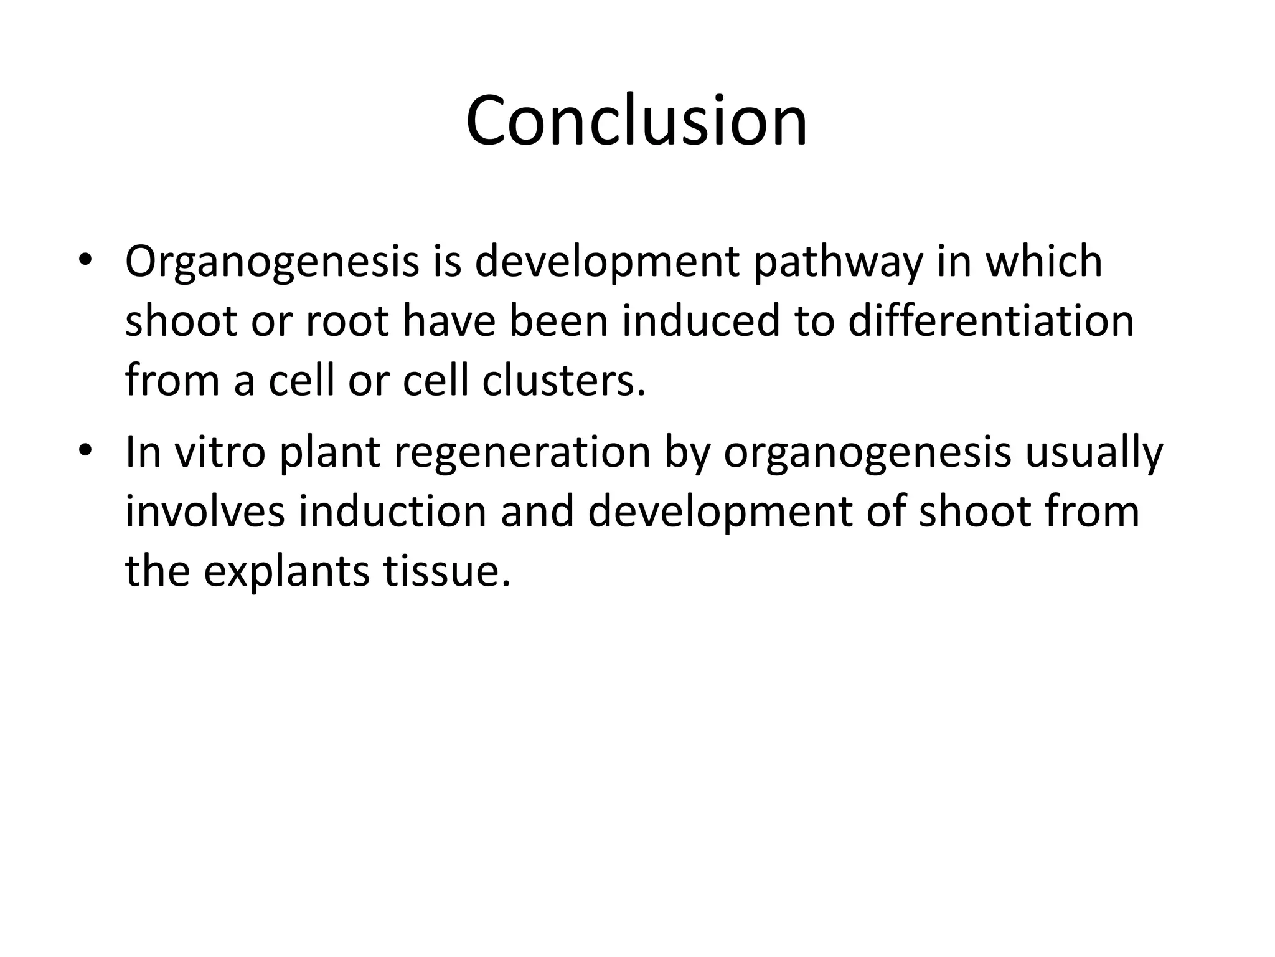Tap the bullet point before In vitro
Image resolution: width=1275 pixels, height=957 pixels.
(85, 450)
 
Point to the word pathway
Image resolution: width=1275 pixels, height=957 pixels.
(838, 262)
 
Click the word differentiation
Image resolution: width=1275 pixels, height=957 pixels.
(991, 321)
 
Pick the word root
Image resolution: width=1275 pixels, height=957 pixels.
(348, 322)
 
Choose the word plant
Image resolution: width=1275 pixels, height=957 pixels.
(329, 453)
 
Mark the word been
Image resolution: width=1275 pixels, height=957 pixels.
(558, 321)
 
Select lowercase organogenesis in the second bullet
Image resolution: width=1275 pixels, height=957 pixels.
(867, 453)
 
